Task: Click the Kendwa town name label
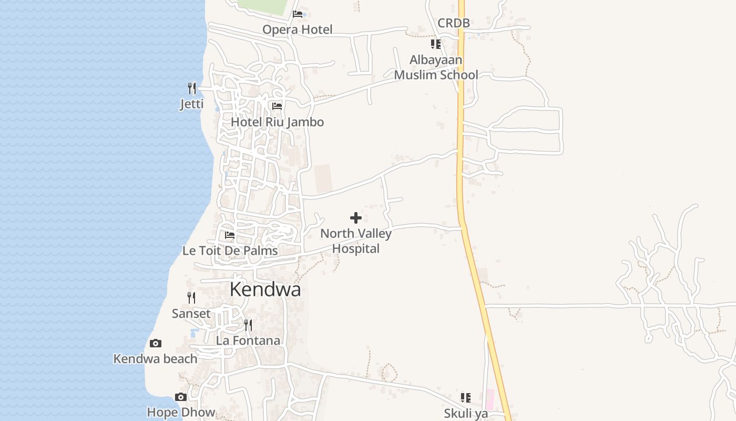pyautogui.click(x=265, y=289)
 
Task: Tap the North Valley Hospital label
pyautogui.click(x=356, y=241)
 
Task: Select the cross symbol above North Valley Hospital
pyautogui.click(x=356, y=217)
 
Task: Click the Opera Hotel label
pyautogui.click(x=298, y=29)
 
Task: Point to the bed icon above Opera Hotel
pyautogui.click(x=298, y=14)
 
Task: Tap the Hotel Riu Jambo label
pyautogui.click(x=277, y=122)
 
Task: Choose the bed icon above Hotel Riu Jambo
pyautogui.click(x=277, y=106)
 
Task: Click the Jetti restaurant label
pyautogui.click(x=192, y=104)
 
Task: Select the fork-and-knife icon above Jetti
pyautogui.click(x=192, y=88)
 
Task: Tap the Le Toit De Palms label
pyautogui.click(x=230, y=250)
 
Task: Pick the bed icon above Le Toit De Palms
pyautogui.click(x=230, y=235)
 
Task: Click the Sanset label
pyautogui.click(x=191, y=314)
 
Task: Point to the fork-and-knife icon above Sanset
pyautogui.click(x=191, y=298)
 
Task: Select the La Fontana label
pyautogui.click(x=248, y=340)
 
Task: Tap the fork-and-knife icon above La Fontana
pyautogui.click(x=248, y=325)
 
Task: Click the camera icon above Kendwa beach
pyautogui.click(x=156, y=344)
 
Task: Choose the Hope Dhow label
pyautogui.click(x=181, y=412)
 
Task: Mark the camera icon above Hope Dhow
pyautogui.click(x=181, y=397)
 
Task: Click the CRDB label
pyautogui.click(x=454, y=23)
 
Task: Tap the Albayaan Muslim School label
pyautogui.click(x=436, y=67)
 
